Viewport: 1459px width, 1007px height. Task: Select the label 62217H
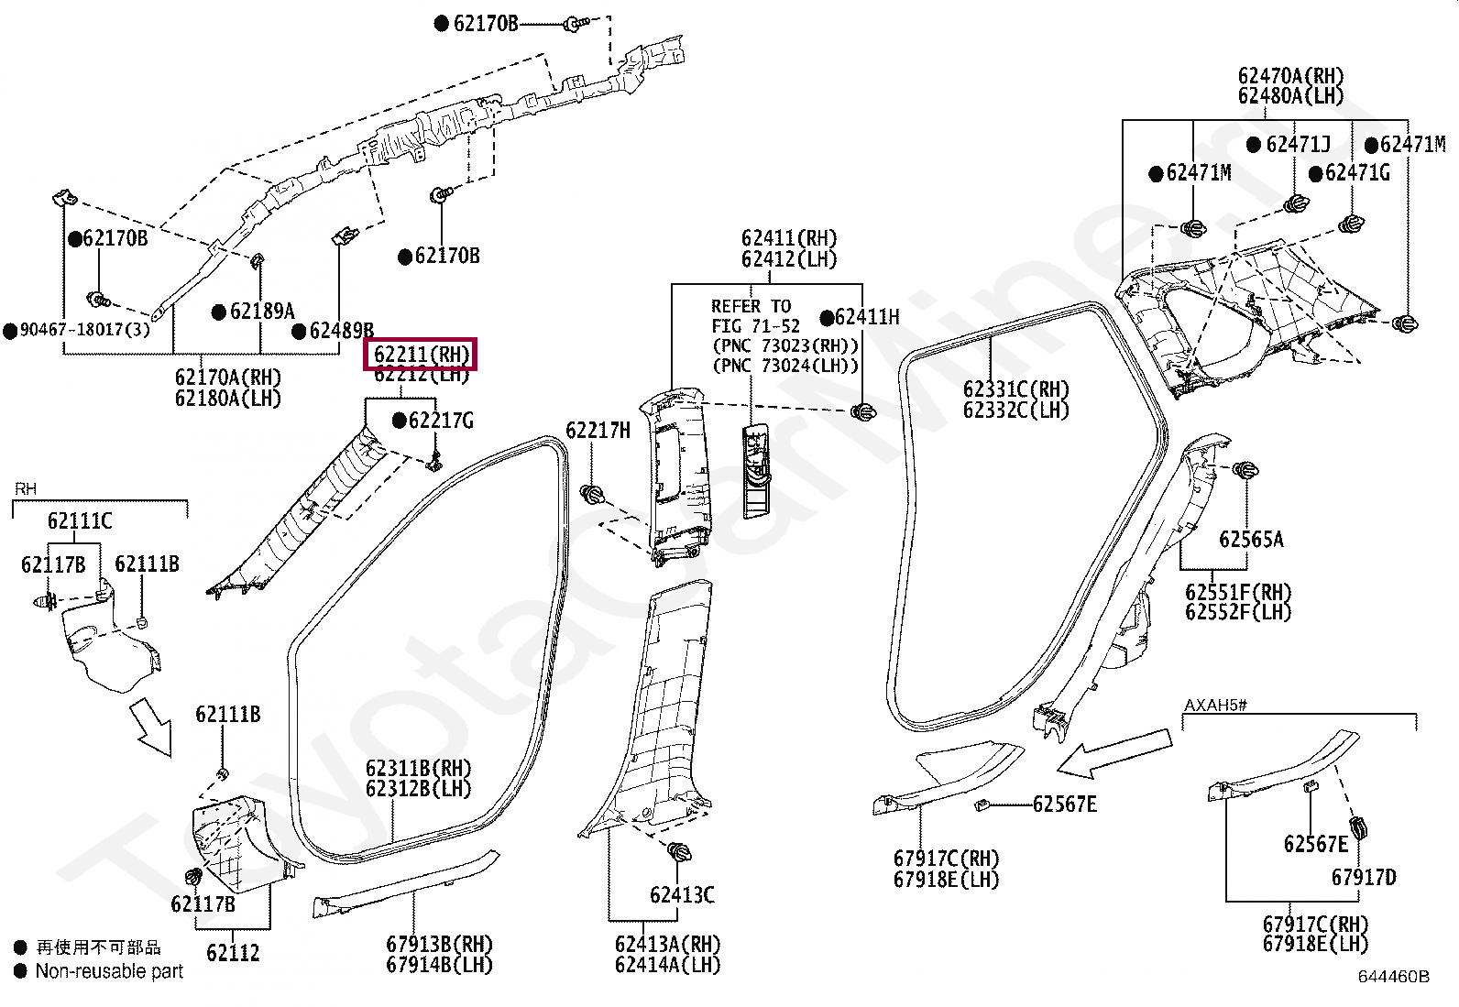pos(598,431)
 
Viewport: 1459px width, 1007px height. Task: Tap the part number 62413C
pos(682,895)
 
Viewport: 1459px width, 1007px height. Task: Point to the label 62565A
pos(1251,540)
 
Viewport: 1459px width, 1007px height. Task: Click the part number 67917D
pos(1364,878)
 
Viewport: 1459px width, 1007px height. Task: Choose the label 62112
pos(233,953)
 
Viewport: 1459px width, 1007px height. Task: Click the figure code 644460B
pos(1394,977)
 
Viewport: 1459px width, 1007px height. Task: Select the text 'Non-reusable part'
pos(109,971)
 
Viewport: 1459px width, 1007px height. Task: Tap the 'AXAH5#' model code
pos(1215,705)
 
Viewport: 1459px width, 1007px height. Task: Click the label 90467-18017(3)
pos(84,330)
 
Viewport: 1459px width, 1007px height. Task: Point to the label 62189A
pos(262,312)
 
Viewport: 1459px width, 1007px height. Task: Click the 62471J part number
pos(1298,144)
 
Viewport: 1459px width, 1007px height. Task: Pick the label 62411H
pos(867,317)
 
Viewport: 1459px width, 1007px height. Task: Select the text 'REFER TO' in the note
pos(751,306)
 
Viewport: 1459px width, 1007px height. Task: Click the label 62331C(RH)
pos(1016,389)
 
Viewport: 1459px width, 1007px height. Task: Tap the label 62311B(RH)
pos(418,768)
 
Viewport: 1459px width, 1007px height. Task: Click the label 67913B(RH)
pos(440,944)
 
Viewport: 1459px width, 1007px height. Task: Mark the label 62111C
pos(80,520)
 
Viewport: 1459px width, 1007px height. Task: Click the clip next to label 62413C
pos(679,852)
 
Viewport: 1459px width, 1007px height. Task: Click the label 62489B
pos(341,331)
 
